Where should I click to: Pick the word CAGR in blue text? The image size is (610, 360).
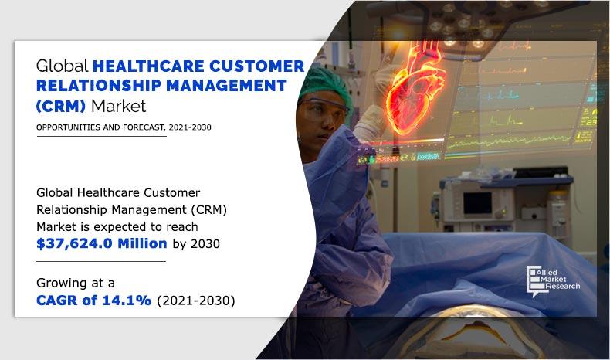(57, 299)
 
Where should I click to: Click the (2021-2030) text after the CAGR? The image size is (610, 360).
(197, 299)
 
